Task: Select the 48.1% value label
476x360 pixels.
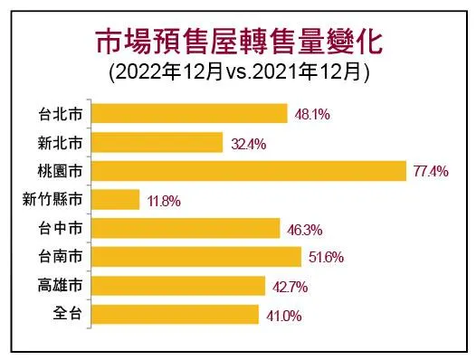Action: click(x=311, y=115)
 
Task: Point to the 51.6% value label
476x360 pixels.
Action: click(x=324, y=258)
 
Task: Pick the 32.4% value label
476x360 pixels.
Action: click(x=246, y=143)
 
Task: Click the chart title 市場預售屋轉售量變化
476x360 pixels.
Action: click(x=239, y=40)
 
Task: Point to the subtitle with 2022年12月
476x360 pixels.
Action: click(x=239, y=71)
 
